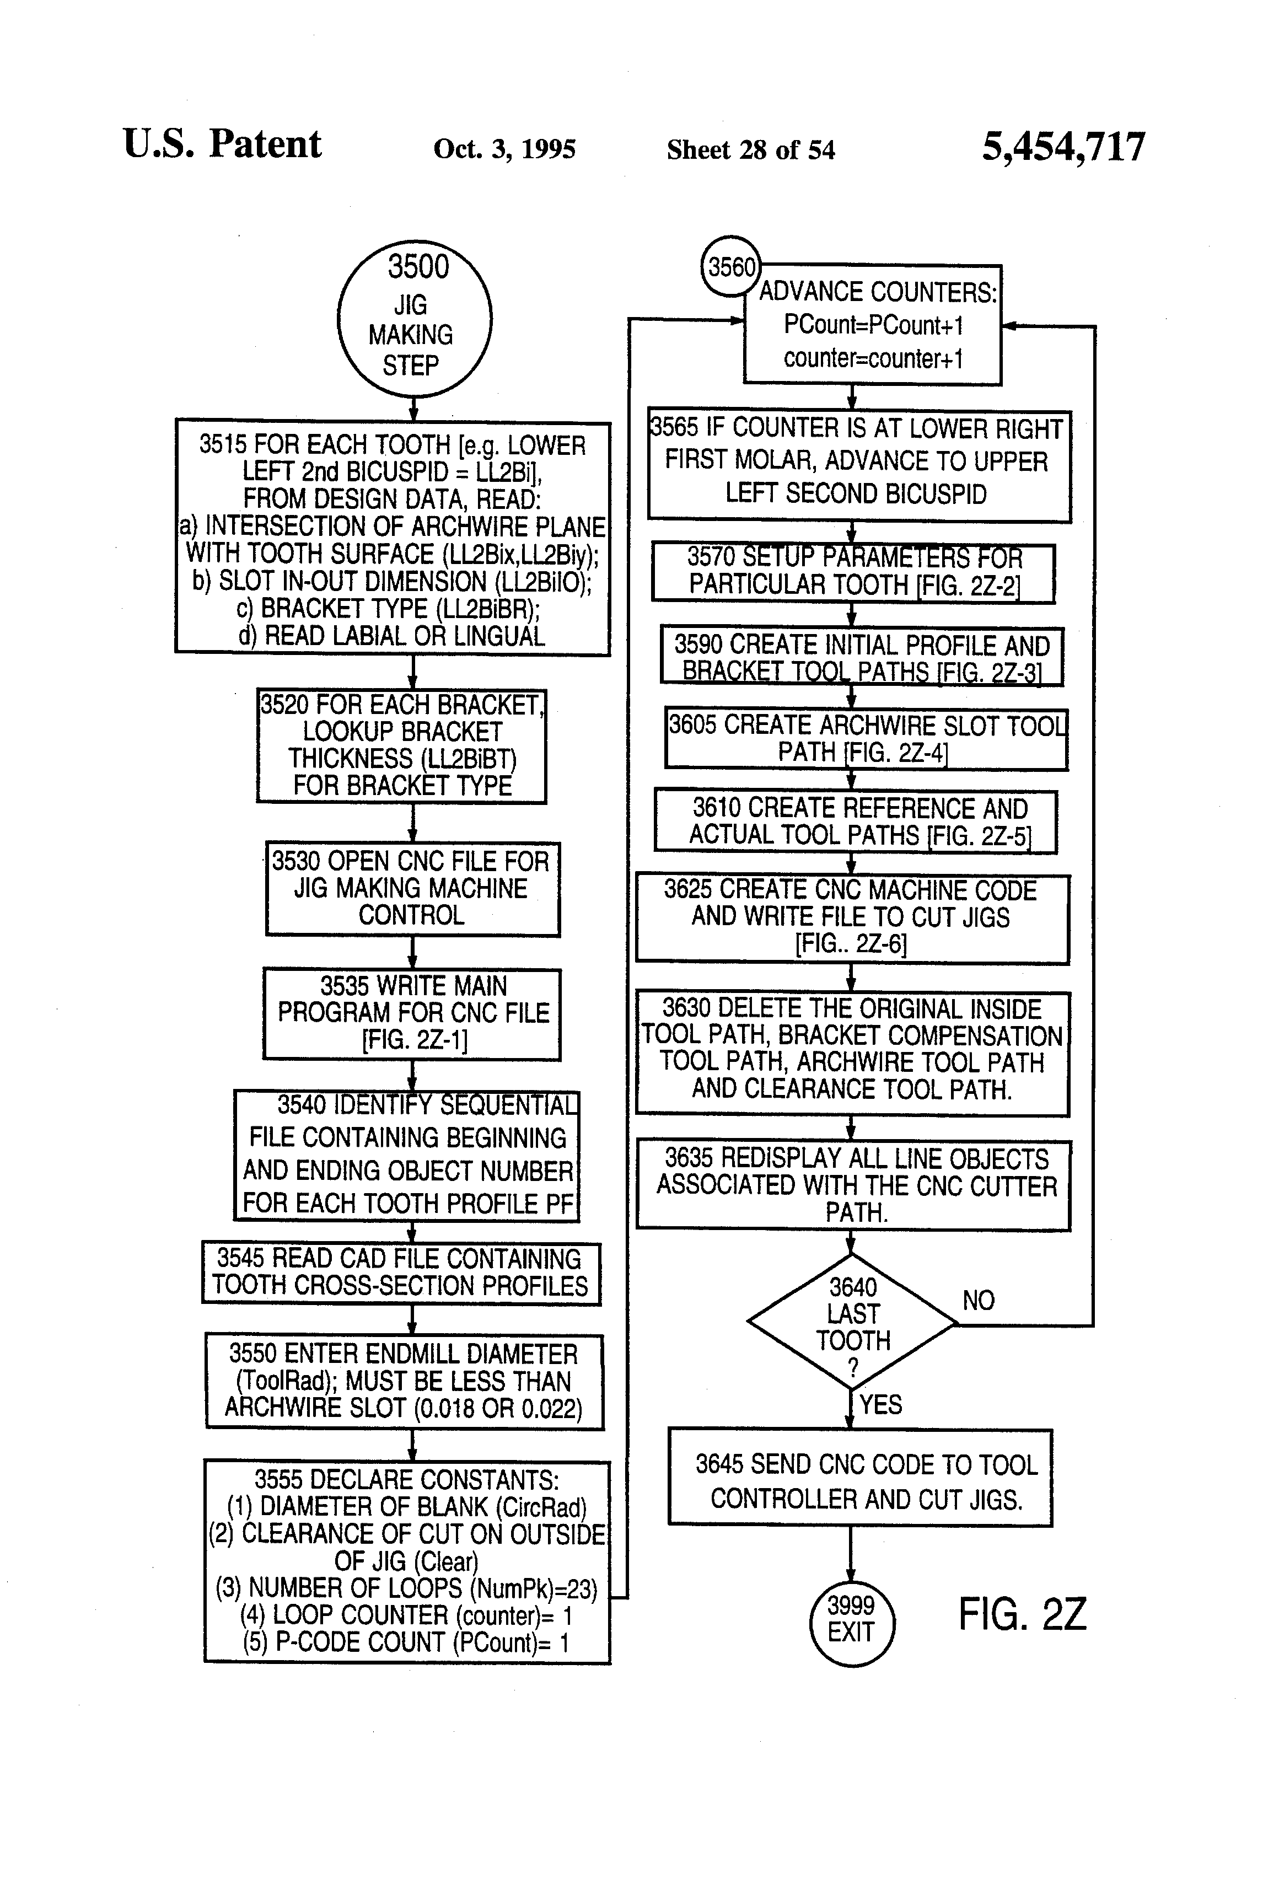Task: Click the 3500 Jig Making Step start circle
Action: (x=414, y=318)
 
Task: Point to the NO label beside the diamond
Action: (x=978, y=1300)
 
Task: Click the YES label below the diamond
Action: (x=880, y=1404)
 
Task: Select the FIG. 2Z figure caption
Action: (x=1022, y=1614)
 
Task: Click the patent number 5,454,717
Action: (x=1063, y=147)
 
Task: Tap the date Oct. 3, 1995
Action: (x=504, y=149)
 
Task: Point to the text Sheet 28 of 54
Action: (x=750, y=149)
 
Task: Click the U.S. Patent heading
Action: (x=222, y=144)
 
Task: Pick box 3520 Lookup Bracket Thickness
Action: (x=401, y=745)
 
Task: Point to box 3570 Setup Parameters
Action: (x=853, y=572)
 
